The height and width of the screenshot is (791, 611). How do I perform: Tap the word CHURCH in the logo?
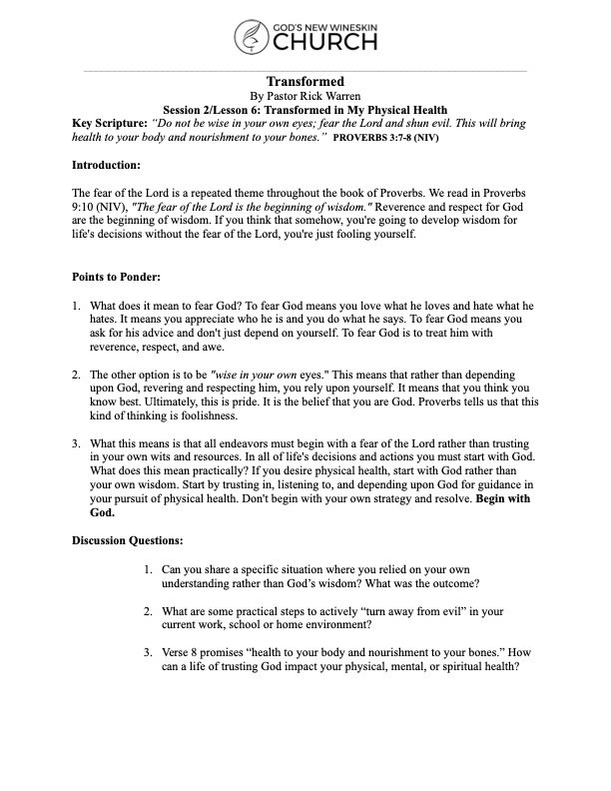320,43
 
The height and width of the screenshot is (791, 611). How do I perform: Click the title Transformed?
305,81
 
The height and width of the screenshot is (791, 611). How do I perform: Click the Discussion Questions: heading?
128,539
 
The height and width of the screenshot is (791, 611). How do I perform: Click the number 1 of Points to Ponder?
76,304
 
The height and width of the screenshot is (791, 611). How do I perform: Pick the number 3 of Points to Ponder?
76,443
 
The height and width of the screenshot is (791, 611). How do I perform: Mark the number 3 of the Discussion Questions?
149,653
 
